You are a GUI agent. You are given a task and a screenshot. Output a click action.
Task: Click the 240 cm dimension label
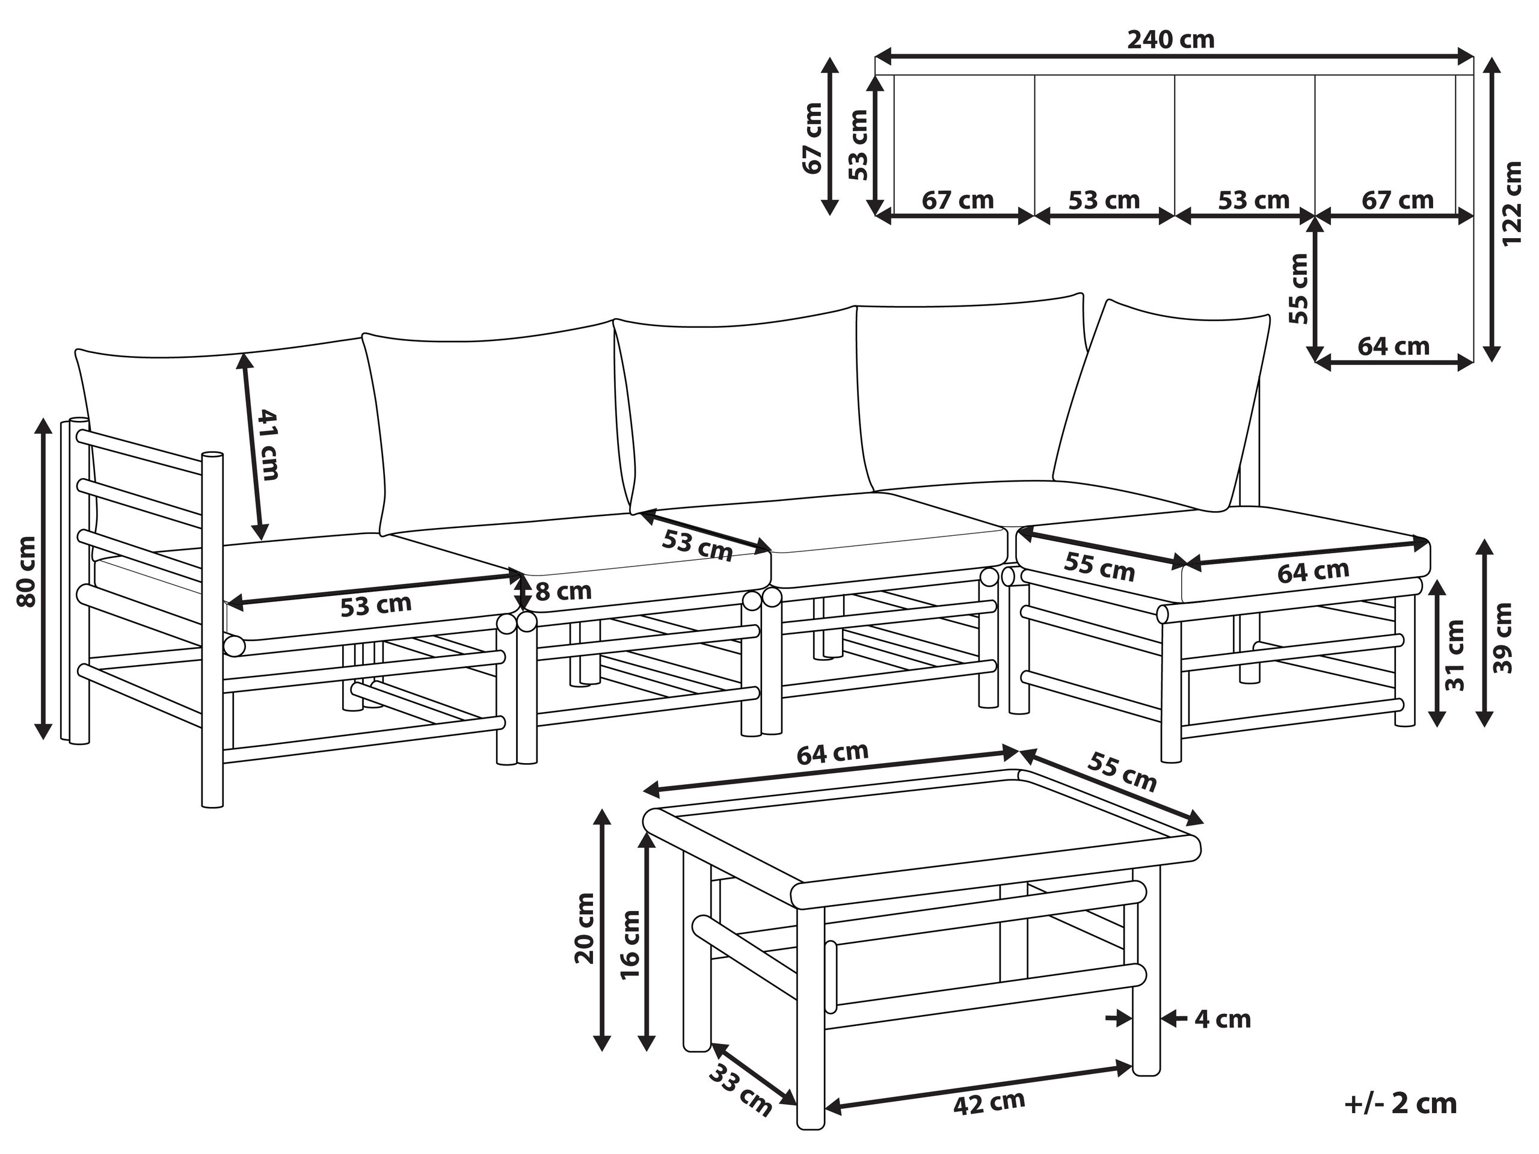point(1171,39)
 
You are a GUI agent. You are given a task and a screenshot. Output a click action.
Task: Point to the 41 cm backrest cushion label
point(269,445)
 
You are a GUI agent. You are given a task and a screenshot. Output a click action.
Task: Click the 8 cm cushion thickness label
point(563,591)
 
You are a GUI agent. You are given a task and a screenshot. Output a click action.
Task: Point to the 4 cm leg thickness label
point(1223,1020)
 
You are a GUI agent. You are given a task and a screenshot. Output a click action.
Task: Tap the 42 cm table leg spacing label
point(989,1102)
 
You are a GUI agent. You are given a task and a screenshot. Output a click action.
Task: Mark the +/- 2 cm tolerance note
point(1401,1104)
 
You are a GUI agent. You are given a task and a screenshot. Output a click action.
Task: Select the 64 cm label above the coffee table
point(833,753)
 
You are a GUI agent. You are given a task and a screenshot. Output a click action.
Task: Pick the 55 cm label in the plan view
point(1298,289)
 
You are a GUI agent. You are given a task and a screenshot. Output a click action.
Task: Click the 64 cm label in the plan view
point(1393,346)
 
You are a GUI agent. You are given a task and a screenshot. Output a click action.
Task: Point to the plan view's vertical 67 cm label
point(812,138)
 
